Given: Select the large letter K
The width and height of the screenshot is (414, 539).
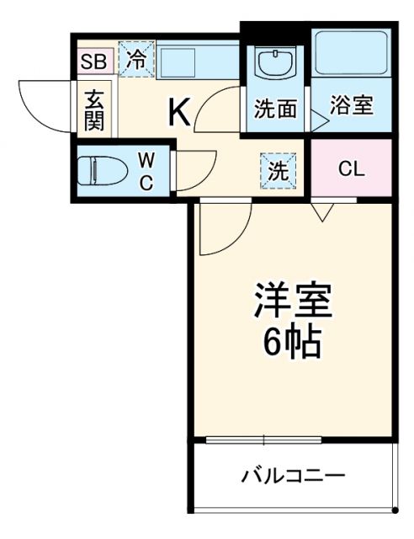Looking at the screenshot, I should pyautogui.click(x=179, y=111).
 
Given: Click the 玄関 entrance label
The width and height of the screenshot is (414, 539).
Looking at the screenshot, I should pyautogui.click(x=93, y=110).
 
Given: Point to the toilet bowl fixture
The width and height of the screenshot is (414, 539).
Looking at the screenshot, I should pyautogui.click(x=101, y=171).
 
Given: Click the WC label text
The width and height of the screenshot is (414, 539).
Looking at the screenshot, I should pyautogui.click(x=146, y=171).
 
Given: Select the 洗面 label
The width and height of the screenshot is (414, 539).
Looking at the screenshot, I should pyautogui.click(x=275, y=109).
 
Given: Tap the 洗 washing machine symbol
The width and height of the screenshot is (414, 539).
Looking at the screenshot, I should pyautogui.click(x=277, y=169).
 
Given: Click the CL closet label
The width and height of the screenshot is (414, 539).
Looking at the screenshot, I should pyautogui.click(x=351, y=168).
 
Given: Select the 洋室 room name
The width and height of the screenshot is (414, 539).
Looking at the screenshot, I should pyautogui.click(x=293, y=301).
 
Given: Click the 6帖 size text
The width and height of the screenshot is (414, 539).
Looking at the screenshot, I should pyautogui.click(x=292, y=341).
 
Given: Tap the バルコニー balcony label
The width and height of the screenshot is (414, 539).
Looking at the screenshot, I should pyautogui.click(x=293, y=477).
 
